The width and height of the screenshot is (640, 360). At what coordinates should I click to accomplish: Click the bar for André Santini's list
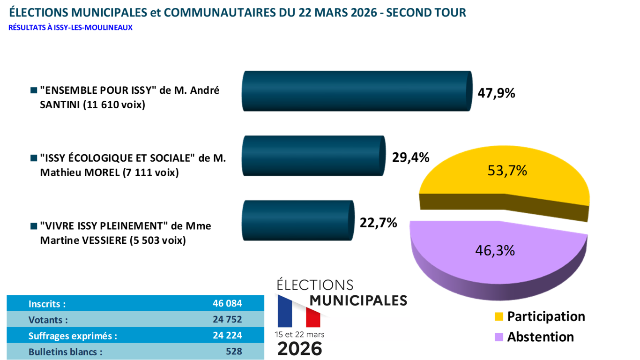[x=356, y=91]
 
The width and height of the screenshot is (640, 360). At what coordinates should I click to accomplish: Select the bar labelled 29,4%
[x=313, y=156]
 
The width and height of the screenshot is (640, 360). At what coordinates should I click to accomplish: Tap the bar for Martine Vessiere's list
[x=297, y=220]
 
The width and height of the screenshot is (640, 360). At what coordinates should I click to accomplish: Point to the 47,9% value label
[x=496, y=93]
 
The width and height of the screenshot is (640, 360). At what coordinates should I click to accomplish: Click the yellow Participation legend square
[x=499, y=317]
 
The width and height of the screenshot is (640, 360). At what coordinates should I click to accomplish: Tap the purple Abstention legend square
[x=499, y=337]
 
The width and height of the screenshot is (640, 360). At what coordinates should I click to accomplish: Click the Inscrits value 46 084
[x=227, y=303]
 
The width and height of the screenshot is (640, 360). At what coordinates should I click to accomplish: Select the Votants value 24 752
[x=227, y=320]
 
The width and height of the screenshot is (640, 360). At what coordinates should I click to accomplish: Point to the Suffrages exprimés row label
[x=73, y=336]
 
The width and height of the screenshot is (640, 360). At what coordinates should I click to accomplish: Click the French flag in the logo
[x=299, y=311]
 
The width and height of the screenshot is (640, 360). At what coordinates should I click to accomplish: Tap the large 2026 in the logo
[x=300, y=349]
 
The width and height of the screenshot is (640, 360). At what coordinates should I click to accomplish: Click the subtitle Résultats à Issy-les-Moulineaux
[x=70, y=28]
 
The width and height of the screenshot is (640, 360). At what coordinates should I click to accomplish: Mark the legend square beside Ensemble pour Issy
[x=33, y=90]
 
